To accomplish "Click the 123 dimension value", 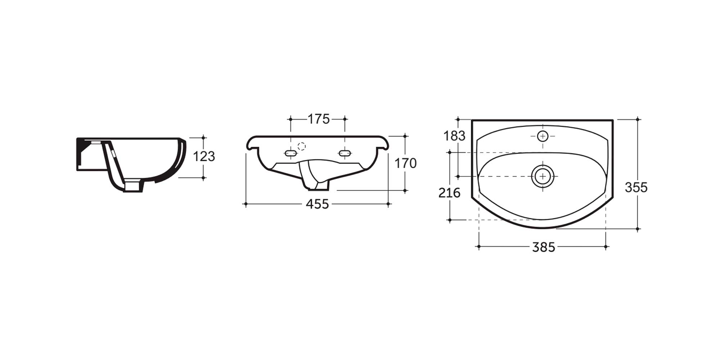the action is pyautogui.click(x=204, y=157).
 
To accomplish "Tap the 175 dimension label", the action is pyautogui.click(x=318, y=119).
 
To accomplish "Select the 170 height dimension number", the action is pyautogui.click(x=405, y=163).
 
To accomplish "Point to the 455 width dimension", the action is pyautogui.click(x=317, y=204).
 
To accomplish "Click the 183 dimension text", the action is pyautogui.click(x=454, y=136).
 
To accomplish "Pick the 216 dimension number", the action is pyautogui.click(x=449, y=193).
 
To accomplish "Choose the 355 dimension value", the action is pyautogui.click(x=636, y=187).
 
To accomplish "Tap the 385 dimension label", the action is pyautogui.click(x=544, y=247).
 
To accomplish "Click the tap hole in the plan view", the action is pyautogui.click(x=543, y=136).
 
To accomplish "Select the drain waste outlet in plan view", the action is pyautogui.click(x=543, y=176).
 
